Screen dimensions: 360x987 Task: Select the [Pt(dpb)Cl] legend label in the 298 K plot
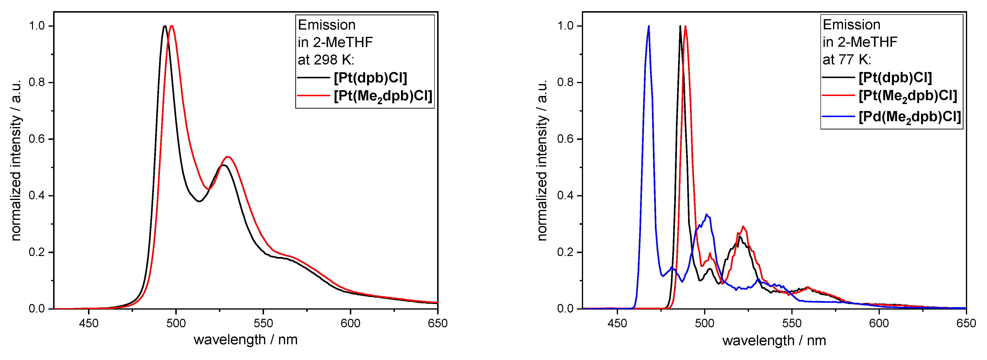(x=370, y=78)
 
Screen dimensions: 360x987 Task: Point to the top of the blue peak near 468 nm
(x=649, y=26)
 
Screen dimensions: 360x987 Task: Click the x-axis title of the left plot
(x=246, y=340)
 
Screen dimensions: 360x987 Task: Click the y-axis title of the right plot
(x=542, y=160)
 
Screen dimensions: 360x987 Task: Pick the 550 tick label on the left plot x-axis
(x=263, y=323)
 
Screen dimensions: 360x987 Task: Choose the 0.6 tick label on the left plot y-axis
(x=37, y=139)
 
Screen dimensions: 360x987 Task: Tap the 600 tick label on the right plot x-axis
(x=879, y=323)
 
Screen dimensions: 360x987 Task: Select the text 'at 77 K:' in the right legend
(x=847, y=60)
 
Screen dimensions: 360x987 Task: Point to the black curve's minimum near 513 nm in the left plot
(x=199, y=201)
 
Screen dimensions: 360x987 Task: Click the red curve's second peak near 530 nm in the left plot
(x=228, y=157)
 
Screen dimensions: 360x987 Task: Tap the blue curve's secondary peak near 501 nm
(x=706, y=215)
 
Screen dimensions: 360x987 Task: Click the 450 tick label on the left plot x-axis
(x=88, y=323)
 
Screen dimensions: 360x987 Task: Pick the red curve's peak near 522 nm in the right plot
(x=743, y=226)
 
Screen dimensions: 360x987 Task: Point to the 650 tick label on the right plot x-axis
(x=966, y=323)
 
